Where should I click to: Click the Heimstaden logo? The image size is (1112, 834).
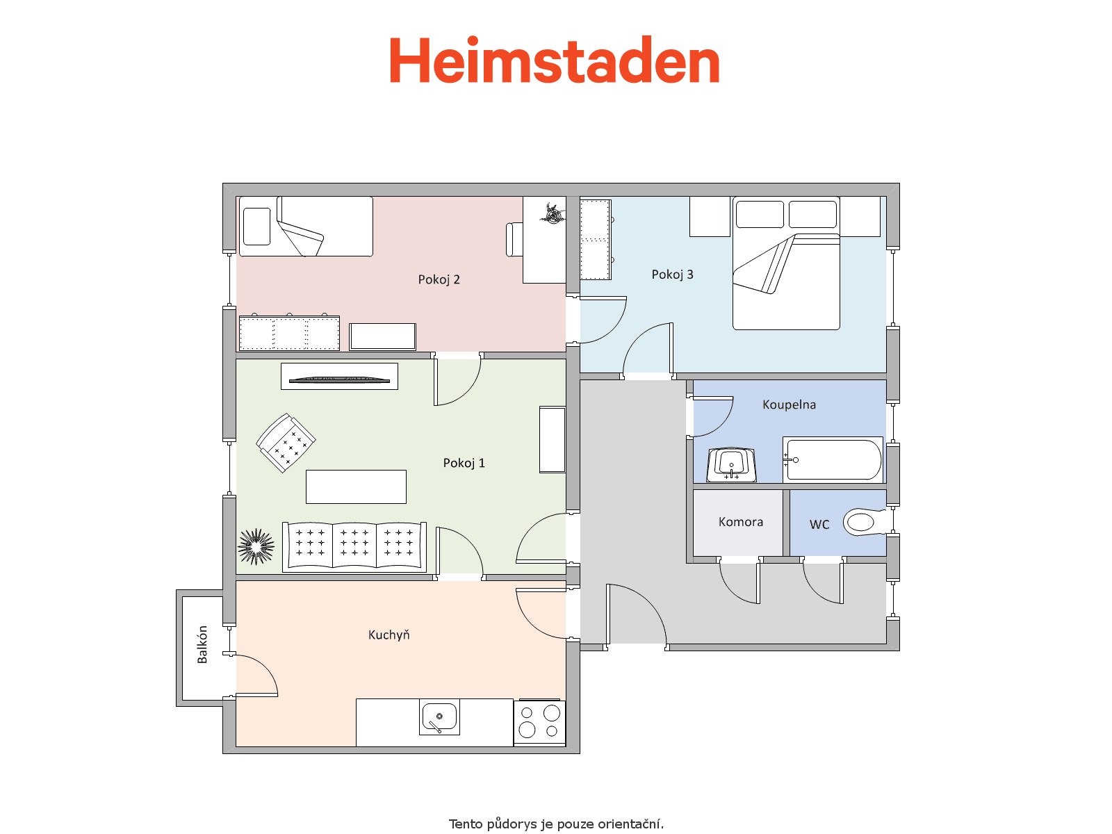click(x=554, y=60)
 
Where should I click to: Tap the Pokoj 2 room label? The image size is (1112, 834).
click(x=439, y=279)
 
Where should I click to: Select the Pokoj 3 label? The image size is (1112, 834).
click(x=672, y=275)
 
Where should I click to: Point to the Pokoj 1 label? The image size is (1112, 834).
click(x=464, y=463)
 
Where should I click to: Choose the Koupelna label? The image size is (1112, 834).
click(x=789, y=404)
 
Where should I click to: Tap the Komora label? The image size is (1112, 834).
click(x=741, y=521)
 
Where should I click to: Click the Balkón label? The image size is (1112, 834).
click(x=202, y=644)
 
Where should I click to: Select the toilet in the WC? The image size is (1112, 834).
click(x=865, y=521)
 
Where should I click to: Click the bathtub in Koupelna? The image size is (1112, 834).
click(x=833, y=459)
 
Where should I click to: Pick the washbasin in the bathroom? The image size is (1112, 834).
click(x=732, y=464)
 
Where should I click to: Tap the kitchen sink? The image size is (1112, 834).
click(x=439, y=717)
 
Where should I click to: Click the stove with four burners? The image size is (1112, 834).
click(x=539, y=723)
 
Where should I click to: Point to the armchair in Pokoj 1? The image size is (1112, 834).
click(x=286, y=443)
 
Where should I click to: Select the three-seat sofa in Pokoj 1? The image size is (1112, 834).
click(x=354, y=547)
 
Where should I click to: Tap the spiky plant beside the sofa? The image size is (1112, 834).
click(x=256, y=546)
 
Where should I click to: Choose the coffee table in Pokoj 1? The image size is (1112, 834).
click(x=356, y=486)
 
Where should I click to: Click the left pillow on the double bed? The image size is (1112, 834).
click(x=760, y=214)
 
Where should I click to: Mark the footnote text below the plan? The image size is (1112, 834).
click(x=556, y=824)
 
